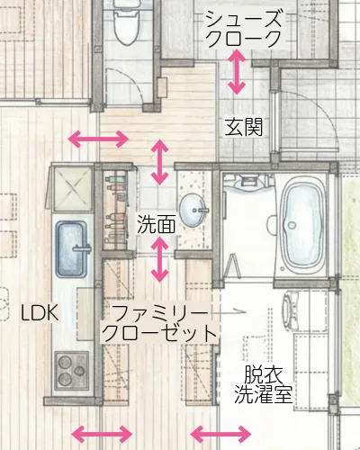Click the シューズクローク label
pyautogui.click(x=244, y=28)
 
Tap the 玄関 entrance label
pyautogui.click(x=244, y=125)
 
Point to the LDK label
pyautogui.click(x=40, y=312)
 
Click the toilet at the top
pyautogui.click(x=125, y=27)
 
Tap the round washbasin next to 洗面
pyautogui.click(x=193, y=211)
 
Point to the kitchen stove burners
pyautogui.click(x=71, y=369)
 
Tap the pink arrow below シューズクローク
pyautogui.click(x=237, y=73)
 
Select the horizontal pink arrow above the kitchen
pyautogui.click(x=99, y=139)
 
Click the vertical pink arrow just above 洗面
pyautogui.click(x=161, y=162)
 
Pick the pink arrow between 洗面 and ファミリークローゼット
pyautogui.click(x=161, y=259)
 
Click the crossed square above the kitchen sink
pyautogui.click(x=71, y=188)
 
